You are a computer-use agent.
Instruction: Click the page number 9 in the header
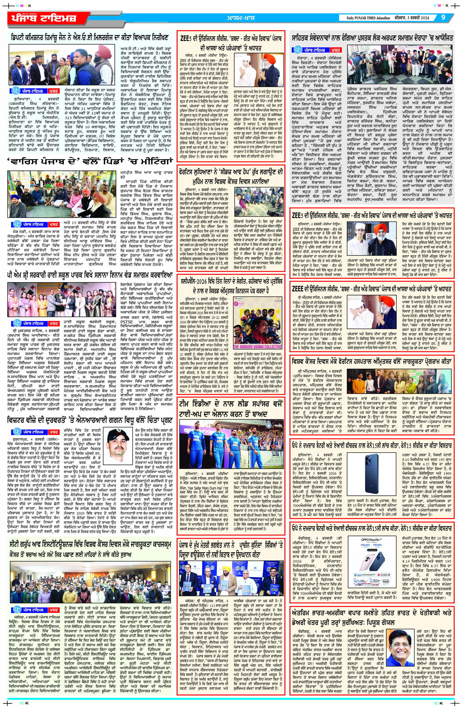click(x=443, y=18)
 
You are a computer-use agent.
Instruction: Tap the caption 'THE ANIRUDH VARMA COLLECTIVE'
click(x=257, y=347)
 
